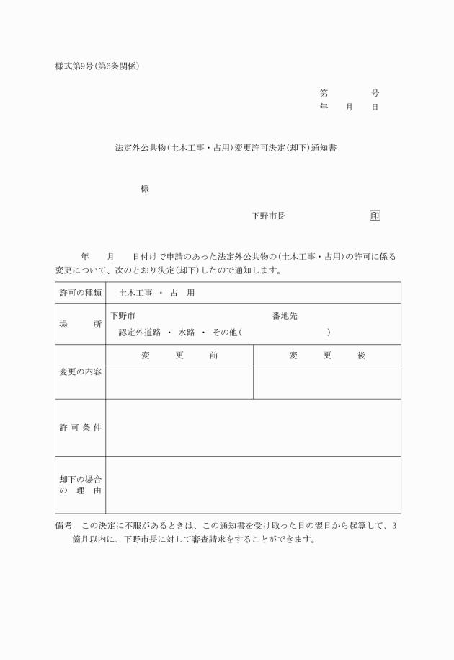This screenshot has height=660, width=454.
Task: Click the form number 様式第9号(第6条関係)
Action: tap(97, 66)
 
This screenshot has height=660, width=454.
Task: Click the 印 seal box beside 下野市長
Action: tap(375, 216)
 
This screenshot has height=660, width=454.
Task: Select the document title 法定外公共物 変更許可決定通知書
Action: tap(226, 148)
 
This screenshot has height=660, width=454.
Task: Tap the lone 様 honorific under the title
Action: tap(145, 189)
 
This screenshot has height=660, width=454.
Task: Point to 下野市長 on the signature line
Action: tap(268, 216)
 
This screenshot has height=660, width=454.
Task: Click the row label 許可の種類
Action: tap(80, 293)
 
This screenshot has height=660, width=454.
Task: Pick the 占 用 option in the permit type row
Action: tap(182, 293)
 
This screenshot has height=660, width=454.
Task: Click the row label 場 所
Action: tap(80, 324)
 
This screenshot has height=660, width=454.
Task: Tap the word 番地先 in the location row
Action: tap(285, 316)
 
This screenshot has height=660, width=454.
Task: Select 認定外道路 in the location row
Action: tap(140, 333)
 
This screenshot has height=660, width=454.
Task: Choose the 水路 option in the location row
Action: tap(187, 333)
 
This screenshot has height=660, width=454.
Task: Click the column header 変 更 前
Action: tap(179, 356)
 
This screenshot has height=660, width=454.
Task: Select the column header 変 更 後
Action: tap(327, 356)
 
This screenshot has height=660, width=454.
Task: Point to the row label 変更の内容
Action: tap(80, 371)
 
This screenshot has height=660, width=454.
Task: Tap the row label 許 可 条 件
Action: tap(80, 428)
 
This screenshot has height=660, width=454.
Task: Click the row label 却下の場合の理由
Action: tap(80, 485)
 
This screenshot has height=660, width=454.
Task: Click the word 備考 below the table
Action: tap(64, 526)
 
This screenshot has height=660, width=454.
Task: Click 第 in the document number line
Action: tap(324, 94)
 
